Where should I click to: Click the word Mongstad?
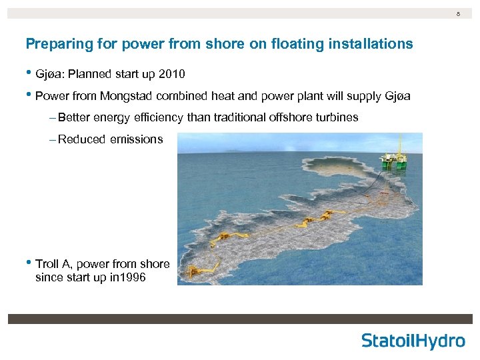pyautogui.click(x=127, y=96)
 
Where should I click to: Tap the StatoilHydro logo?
pyautogui.click(x=413, y=341)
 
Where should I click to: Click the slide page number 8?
pyautogui.click(x=458, y=13)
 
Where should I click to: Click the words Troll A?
pyautogui.click(x=55, y=264)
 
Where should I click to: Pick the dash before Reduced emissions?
pyautogui.click(x=53, y=139)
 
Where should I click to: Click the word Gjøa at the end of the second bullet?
pyautogui.click(x=397, y=96)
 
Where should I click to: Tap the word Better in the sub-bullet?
pyautogui.click(x=74, y=117)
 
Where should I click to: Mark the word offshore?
pyautogui.click(x=294, y=117)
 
